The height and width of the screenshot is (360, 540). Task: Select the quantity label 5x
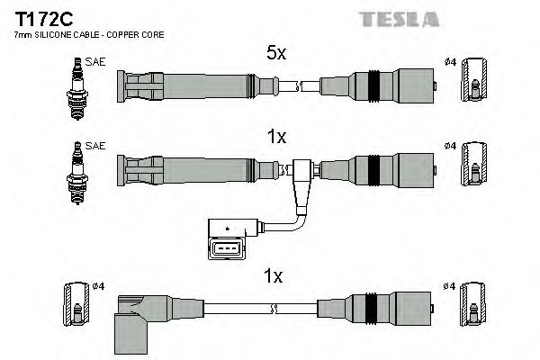(277, 54)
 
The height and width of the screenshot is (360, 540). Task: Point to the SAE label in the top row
(93, 61)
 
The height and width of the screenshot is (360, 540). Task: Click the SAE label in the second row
(93, 144)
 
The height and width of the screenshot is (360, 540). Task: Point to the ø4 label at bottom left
(98, 286)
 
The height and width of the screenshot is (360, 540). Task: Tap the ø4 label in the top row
(449, 61)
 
